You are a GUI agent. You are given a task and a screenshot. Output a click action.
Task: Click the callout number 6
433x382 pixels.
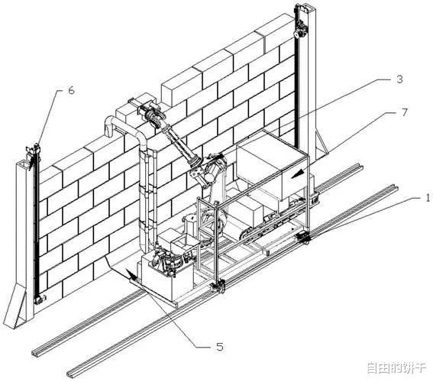[x=71, y=90]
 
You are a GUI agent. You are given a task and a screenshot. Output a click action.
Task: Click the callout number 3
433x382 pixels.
[x=399, y=79]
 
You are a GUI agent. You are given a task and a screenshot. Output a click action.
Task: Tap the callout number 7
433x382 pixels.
[x=404, y=112]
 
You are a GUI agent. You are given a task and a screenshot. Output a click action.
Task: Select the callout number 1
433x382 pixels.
[x=428, y=198]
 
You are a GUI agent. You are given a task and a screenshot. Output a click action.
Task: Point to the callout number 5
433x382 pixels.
[x=219, y=347]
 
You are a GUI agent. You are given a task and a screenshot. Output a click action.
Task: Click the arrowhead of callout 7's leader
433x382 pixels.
[x=298, y=173]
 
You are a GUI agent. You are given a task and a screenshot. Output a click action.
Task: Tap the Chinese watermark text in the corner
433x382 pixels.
[x=396, y=367]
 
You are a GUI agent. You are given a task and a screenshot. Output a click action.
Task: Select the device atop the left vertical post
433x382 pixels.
[x=33, y=152]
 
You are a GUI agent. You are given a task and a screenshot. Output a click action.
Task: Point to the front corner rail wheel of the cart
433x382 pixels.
[x=218, y=286]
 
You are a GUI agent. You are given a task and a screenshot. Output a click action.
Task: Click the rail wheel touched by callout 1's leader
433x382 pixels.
[x=303, y=238]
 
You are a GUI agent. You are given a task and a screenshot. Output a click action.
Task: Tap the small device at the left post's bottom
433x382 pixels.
[x=40, y=299]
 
